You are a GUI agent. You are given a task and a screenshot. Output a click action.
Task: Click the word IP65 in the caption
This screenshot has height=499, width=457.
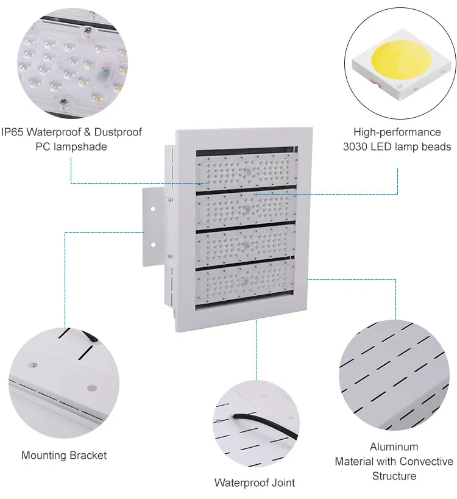pos(12,132)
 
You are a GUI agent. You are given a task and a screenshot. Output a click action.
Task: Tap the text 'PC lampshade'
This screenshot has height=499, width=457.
pos(71,146)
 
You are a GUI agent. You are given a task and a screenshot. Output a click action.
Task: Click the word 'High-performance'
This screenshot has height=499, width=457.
pos(397,132)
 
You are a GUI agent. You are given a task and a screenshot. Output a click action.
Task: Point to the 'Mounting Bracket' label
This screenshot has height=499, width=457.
pos(64,455)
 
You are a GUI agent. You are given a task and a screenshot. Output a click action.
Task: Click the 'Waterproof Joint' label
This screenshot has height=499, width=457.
pos(254,483)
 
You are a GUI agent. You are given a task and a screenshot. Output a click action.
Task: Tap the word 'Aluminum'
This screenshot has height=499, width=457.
pos(394,447)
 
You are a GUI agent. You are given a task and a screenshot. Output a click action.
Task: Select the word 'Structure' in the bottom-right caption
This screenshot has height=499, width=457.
pos(394,476)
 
